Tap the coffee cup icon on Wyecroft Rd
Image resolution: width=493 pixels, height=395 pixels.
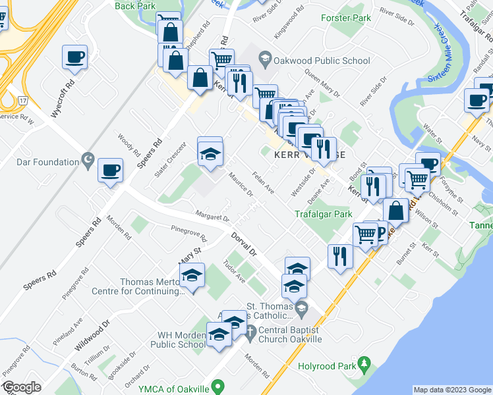[x=74, y=57]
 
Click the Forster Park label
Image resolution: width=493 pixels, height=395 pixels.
[x=347, y=18]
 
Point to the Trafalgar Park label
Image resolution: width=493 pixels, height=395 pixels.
[x=324, y=213]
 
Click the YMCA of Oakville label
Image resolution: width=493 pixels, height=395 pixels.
[x=178, y=386]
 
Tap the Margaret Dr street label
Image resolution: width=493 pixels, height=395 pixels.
[x=212, y=215]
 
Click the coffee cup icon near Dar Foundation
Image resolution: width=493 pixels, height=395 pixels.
[x=110, y=171]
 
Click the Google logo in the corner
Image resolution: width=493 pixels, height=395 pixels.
[x=22, y=388]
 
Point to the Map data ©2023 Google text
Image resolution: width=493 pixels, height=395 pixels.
[x=451, y=390]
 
